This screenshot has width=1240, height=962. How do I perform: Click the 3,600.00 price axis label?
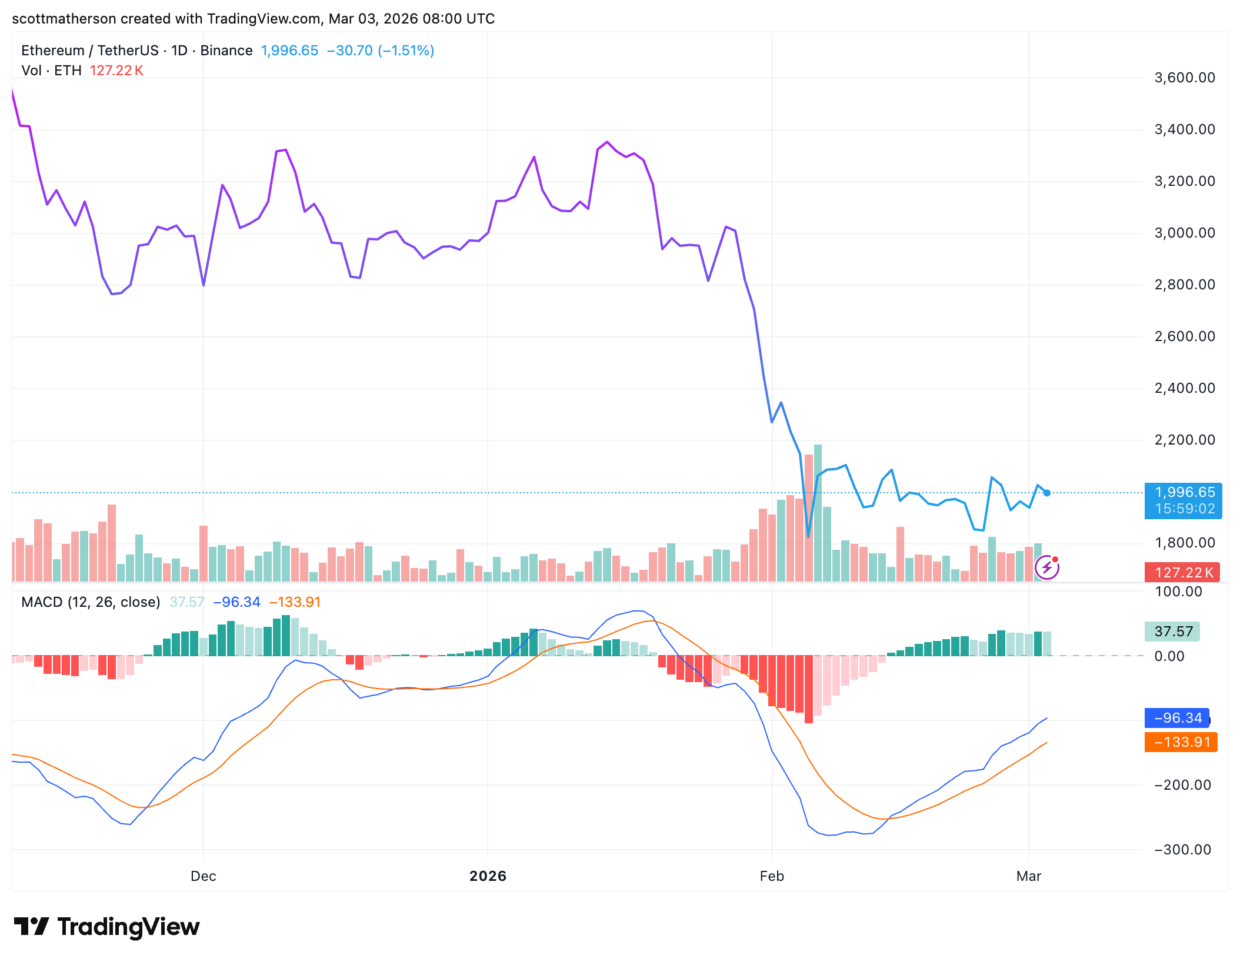1184,78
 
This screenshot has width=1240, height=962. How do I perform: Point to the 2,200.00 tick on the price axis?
1184,440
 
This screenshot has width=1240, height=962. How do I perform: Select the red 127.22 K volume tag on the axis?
1182,573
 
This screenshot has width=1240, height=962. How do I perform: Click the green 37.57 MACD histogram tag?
1172,632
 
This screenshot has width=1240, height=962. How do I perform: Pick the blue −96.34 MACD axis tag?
1176,718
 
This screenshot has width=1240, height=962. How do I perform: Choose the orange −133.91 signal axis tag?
1181,742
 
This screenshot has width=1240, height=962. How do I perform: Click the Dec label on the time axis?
203,876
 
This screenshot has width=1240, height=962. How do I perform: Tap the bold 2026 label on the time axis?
488,876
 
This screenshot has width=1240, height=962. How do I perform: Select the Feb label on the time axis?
772,876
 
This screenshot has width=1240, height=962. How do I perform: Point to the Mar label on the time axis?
1029,876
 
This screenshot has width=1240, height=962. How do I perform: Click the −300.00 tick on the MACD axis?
1182,850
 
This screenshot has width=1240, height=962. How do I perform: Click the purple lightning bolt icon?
1046,567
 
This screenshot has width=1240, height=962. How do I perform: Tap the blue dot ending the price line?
1047,493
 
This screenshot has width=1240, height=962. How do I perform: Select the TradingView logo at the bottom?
107,927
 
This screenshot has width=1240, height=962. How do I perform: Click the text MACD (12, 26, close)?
91,602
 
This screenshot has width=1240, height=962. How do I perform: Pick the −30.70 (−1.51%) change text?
380,51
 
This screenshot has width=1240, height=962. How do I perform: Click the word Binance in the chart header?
226,51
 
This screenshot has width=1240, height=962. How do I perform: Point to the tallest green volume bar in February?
818,512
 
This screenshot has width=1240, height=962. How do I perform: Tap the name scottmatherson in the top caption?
64,19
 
